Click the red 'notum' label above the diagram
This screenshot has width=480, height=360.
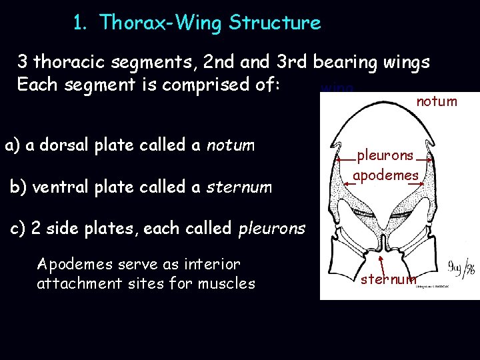click(437, 101)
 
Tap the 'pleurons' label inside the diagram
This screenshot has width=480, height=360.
click(385, 155)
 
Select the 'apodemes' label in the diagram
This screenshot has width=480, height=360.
click(385, 175)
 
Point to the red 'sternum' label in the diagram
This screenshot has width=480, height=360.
click(389, 279)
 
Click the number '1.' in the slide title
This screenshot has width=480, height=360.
click(81, 23)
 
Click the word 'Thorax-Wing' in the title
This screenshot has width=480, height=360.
click(161, 23)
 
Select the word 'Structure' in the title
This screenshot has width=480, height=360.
click(275, 23)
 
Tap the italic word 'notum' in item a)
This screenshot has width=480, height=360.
click(231, 145)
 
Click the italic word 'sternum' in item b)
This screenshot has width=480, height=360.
click(239, 187)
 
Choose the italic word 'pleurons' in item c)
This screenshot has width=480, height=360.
click(271, 229)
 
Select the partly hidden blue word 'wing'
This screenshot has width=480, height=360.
click(337, 88)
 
